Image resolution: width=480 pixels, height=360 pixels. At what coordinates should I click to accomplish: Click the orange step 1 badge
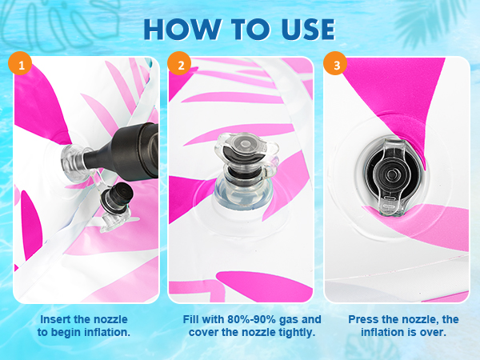(20, 64)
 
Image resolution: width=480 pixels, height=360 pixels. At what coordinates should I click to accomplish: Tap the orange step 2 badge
(180, 64)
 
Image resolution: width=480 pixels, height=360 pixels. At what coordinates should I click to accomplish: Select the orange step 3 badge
(336, 64)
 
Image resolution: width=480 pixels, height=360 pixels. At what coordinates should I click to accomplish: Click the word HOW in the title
(182, 30)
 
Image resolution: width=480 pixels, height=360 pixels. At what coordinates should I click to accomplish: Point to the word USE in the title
(308, 30)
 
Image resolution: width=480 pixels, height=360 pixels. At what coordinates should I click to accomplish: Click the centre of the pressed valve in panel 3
(392, 175)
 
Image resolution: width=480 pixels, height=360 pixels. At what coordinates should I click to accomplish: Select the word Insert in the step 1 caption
(56, 319)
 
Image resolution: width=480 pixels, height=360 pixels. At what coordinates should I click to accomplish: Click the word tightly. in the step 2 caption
(297, 333)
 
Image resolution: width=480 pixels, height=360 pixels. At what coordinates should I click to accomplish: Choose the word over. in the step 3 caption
(432, 332)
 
